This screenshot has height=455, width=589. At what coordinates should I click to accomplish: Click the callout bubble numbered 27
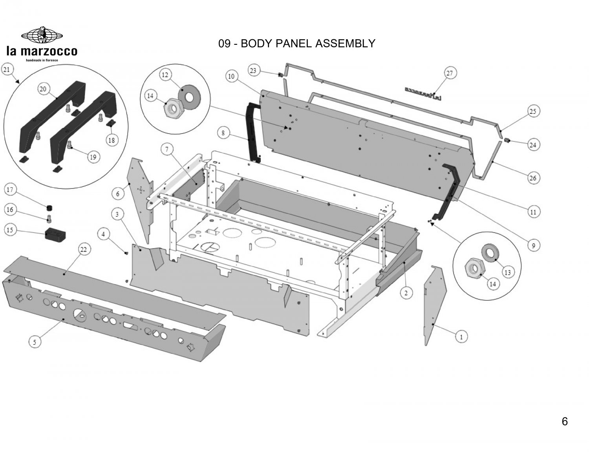coord(449,73)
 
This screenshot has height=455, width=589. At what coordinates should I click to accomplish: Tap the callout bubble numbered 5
coord(35,342)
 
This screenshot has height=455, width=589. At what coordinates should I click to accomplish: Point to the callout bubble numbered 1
coord(461,336)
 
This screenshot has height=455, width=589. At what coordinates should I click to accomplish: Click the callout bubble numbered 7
coord(167,150)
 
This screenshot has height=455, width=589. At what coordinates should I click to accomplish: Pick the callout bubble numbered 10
coord(231,76)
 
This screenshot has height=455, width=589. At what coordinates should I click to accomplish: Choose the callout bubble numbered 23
coord(253,71)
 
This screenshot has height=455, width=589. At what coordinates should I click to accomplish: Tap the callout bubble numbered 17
coord(10,190)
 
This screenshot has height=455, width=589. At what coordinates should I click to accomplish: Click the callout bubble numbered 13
coord(507,272)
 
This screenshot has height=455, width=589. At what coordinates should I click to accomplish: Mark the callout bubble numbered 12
coord(165,74)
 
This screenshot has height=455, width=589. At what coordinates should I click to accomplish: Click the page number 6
coord(565,422)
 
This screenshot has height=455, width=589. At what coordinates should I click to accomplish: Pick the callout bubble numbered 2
coord(406,292)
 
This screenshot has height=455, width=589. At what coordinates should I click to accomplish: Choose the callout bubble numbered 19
coord(93,157)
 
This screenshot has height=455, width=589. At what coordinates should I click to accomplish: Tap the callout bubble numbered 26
coord(533,178)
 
